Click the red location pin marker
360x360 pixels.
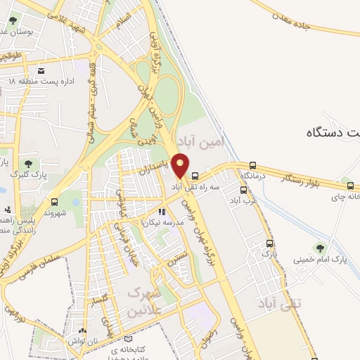click(181, 165)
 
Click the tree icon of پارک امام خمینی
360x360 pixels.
click(320, 247)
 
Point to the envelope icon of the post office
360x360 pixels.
click(42, 71)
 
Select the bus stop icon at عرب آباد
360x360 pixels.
click(243, 190)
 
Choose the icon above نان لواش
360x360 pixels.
click(84, 331)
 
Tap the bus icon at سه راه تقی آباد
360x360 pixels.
click(195, 176)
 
